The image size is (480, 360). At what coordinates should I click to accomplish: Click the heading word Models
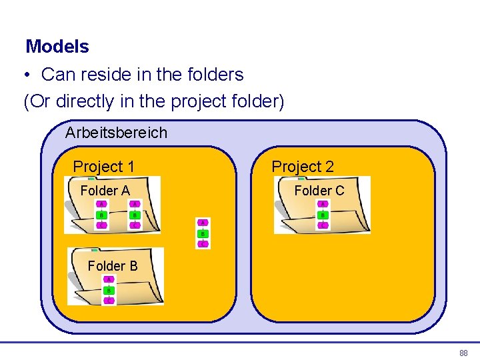(x=57, y=47)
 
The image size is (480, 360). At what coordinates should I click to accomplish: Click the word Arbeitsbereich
(x=116, y=133)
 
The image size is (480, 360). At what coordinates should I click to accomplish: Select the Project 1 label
(x=103, y=166)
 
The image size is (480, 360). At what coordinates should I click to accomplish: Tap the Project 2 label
(x=303, y=167)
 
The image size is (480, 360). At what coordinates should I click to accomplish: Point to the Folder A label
(x=105, y=191)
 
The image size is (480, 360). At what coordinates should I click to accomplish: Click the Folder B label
(x=113, y=266)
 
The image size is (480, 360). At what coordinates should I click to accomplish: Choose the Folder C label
(x=319, y=191)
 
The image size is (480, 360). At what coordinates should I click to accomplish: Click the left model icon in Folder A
(x=101, y=215)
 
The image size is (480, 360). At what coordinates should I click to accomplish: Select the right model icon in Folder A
(x=135, y=215)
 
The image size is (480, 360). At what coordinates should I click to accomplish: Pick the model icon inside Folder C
(x=323, y=215)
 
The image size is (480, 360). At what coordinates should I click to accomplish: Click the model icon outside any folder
(x=203, y=233)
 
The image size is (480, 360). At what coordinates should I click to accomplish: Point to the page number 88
(x=463, y=353)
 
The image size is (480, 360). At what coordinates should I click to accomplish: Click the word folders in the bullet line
(x=215, y=75)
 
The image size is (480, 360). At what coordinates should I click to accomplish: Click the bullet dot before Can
(x=29, y=75)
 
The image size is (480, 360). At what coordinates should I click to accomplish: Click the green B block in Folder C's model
(x=323, y=215)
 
